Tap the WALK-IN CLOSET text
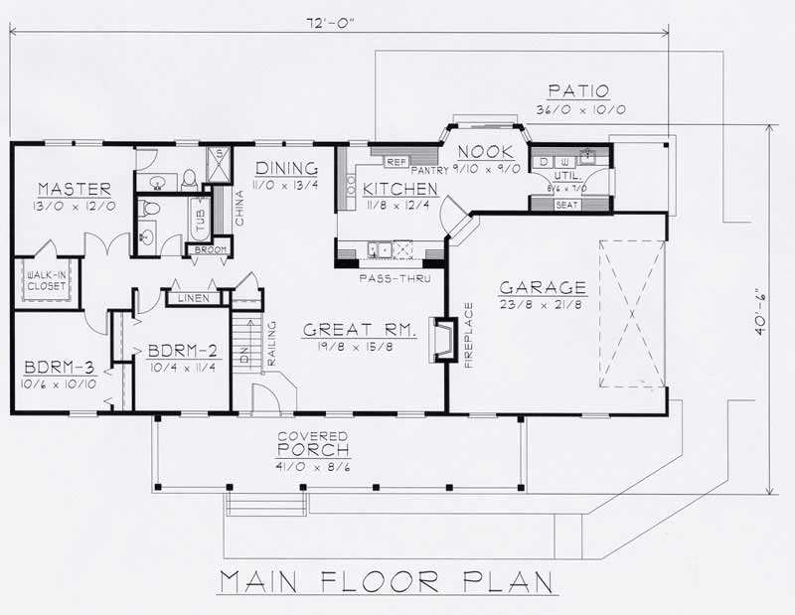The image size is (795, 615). coord(45,280)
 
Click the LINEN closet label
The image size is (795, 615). coord(186,298)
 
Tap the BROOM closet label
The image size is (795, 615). coord(208,250)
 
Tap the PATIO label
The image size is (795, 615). coord(582,90)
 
